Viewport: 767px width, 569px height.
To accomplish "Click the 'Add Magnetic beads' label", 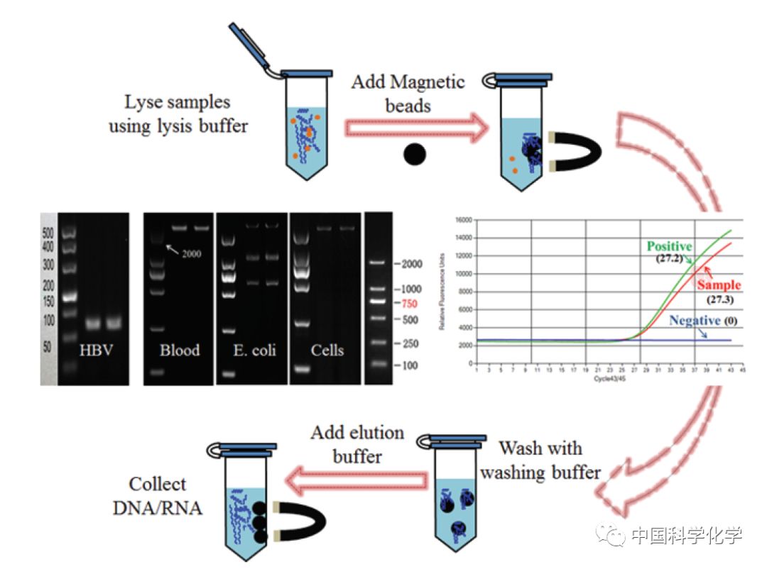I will click(x=408, y=93).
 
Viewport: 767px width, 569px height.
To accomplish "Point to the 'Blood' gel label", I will click(x=179, y=350).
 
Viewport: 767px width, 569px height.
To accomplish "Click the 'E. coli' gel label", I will click(x=252, y=350).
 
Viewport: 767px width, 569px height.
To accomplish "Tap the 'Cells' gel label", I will click(x=327, y=350).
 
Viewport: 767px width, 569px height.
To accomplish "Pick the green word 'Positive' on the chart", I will click(x=669, y=246).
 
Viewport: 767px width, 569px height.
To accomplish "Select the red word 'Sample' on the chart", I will click(x=718, y=285).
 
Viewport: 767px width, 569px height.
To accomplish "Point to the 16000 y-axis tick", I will click(x=463, y=221).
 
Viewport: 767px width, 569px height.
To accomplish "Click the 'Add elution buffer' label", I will click(x=357, y=444).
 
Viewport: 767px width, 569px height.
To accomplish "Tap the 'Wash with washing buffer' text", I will click(x=540, y=460).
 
